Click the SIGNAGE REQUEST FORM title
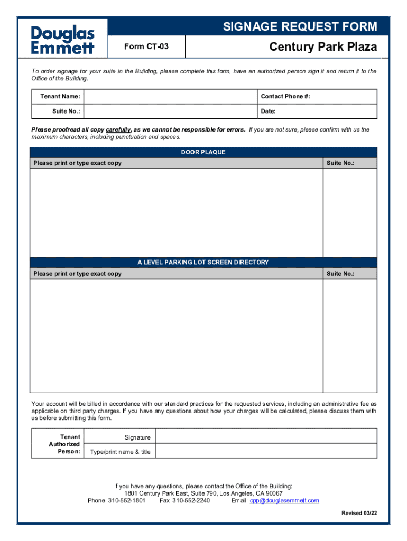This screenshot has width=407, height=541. tap(300, 27)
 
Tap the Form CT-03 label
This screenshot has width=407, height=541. tap(146, 47)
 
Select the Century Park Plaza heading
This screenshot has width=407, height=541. tap(323, 47)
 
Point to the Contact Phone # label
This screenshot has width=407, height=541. tap(285, 97)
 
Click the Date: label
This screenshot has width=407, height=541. tap(269, 111)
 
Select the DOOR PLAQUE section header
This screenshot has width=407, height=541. tap(203, 152)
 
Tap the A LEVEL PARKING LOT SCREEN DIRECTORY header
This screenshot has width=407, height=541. tap(203, 263)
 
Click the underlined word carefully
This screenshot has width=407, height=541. tap(118, 130)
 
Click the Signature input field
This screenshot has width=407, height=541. tap(266, 437)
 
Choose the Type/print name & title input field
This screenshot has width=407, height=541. tap(266, 451)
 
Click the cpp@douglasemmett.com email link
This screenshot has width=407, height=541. tap(284, 501)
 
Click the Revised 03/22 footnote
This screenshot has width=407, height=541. tap(359, 514)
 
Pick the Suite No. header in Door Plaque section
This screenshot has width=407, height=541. tap(340, 163)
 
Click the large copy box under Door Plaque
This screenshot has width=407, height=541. tap(176, 212)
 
